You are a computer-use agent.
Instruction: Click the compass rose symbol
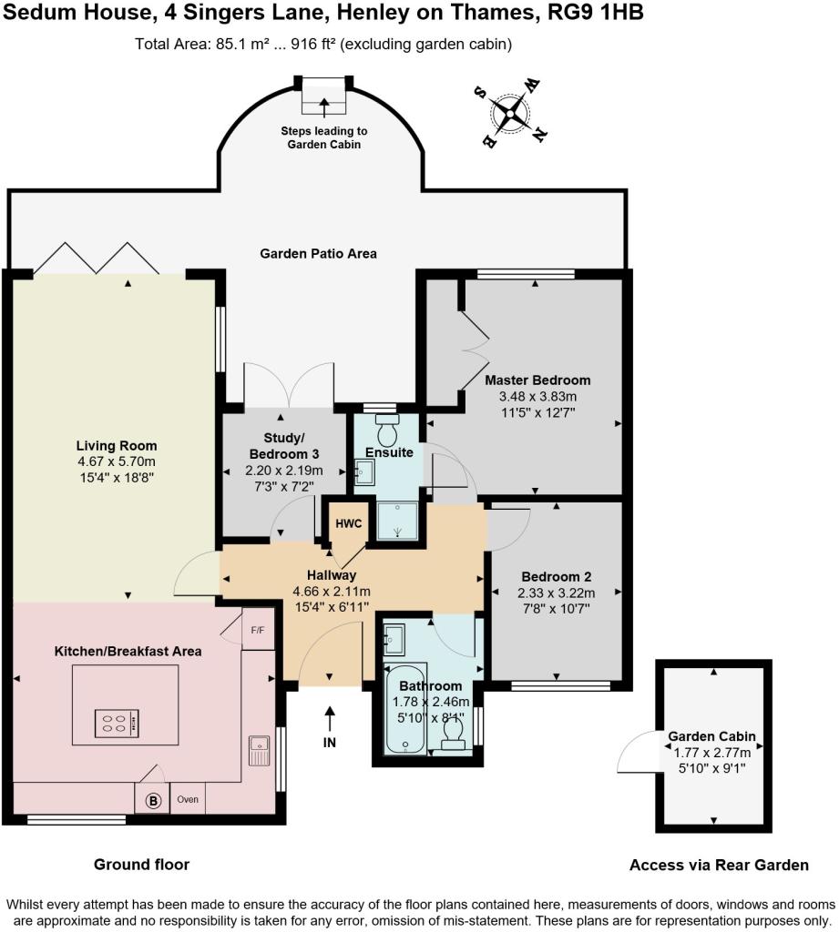point(510,112)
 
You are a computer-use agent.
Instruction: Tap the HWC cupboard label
point(348,523)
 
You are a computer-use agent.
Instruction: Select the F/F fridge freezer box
point(258,629)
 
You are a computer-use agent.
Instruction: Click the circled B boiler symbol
point(153,801)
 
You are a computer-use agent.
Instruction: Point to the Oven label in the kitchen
point(188,799)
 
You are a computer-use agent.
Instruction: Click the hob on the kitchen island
point(117,724)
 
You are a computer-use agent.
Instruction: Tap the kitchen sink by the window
point(259,751)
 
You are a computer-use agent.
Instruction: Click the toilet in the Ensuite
point(387,431)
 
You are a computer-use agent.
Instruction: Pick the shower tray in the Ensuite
point(397,521)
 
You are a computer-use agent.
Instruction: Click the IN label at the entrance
point(329,743)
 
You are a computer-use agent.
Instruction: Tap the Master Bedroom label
point(537,380)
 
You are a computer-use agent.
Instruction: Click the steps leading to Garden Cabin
point(323,96)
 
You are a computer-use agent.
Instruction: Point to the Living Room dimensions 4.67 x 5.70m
point(117,461)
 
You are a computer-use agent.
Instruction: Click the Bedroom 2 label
point(557,576)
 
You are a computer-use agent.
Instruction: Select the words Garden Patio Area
point(318,254)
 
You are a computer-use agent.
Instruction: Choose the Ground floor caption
point(141,865)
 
